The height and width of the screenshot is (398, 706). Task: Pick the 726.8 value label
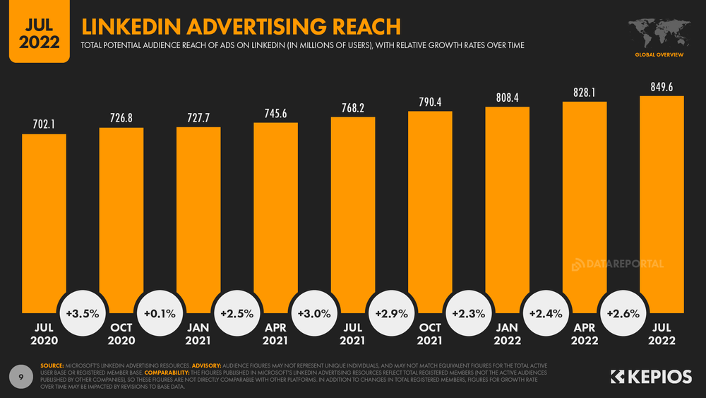coord(121,118)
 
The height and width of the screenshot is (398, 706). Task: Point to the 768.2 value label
coord(352,107)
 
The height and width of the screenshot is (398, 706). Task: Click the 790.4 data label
coord(430,102)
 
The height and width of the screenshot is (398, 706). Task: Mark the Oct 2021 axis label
coord(430,334)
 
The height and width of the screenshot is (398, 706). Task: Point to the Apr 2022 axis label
coord(585,334)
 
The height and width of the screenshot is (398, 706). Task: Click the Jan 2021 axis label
coord(198,334)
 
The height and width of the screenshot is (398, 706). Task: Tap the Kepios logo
coord(650,377)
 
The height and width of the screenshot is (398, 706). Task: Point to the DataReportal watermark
coord(617,264)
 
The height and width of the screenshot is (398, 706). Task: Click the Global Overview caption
coord(657,54)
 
